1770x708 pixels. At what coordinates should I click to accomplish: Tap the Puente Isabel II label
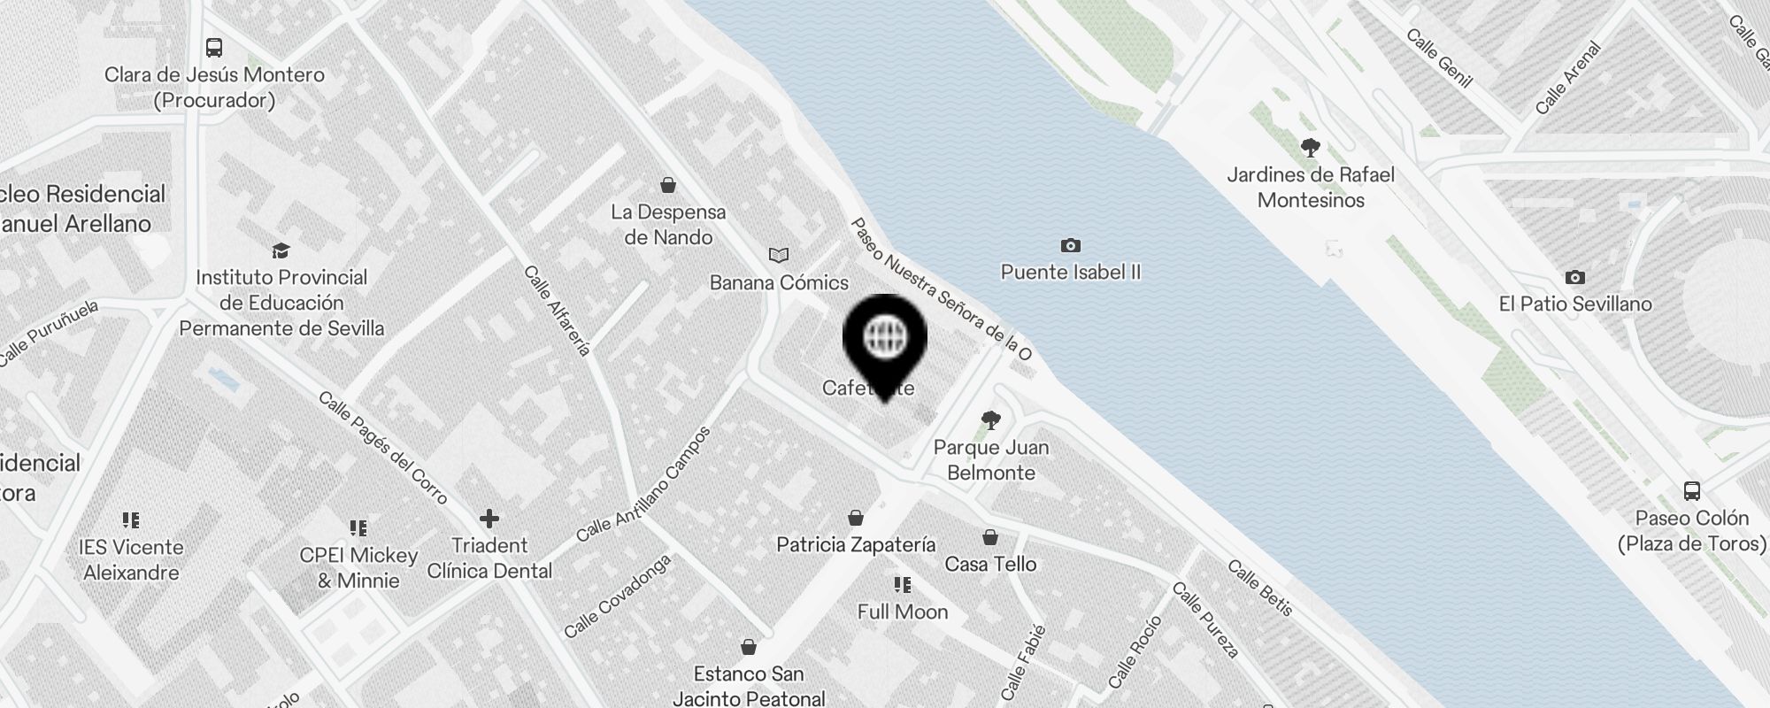[x=1071, y=272]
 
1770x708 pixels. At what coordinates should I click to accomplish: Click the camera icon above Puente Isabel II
[x=1071, y=245]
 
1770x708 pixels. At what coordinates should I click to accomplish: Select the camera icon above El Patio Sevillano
[x=1574, y=278]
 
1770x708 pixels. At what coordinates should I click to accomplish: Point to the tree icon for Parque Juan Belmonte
[x=991, y=420]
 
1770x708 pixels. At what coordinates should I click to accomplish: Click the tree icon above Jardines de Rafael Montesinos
[x=1311, y=147]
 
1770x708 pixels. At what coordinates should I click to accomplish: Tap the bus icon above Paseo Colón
[x=1692, y=490]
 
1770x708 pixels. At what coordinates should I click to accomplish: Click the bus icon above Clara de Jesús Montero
[x=214, y=47]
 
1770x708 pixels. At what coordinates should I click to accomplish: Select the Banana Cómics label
[x=779, y=282]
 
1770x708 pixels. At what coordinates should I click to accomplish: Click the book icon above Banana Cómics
[x=779, y=256]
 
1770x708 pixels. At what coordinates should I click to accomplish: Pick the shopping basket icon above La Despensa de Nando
[x=668, y=185]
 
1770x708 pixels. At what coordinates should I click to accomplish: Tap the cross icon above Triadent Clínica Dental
[x=489, y=519]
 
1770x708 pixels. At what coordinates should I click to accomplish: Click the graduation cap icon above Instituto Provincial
[x=281, y=251]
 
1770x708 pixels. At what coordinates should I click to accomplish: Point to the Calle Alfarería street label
[x=557, y=311]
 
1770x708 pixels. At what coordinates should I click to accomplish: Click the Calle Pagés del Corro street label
[x=383, y=448]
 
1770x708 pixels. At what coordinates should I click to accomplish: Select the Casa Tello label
[x=990, y=564]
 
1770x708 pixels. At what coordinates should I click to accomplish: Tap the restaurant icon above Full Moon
[x=903, y=585]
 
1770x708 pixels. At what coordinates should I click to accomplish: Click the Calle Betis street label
[x=1260, y=588]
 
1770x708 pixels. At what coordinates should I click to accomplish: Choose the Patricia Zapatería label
[x=856, y=544]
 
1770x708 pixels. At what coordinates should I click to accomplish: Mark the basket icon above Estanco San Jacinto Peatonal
[x=749, y=648]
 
